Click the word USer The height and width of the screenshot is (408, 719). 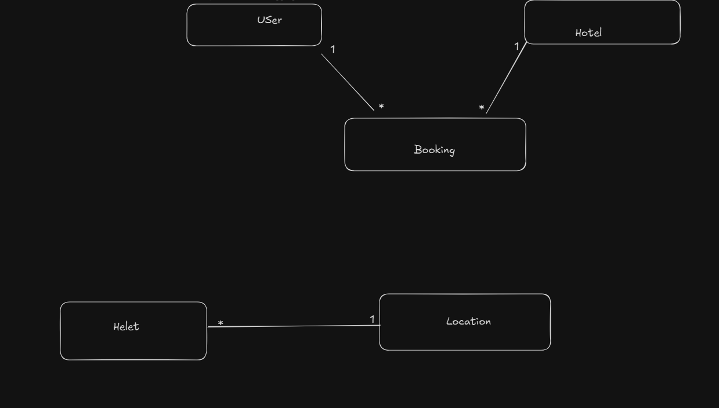point(269,20)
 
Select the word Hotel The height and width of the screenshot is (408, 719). point(588,33)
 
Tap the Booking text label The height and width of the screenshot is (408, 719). point(434,150)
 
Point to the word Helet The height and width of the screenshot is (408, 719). point(126,327)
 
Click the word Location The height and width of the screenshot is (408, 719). point(468,321)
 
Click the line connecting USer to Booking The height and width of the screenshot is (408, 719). point(348,82)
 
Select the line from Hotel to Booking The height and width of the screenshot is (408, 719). point(506,78)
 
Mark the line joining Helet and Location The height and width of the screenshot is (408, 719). point(293,326)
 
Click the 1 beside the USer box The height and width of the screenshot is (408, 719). point(333,49)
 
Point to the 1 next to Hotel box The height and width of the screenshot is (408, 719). point(516,46)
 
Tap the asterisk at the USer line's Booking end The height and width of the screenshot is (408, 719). point(381,107)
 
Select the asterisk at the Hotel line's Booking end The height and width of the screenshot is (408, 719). point(482,108)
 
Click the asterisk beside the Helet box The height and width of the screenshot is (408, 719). point(221,323)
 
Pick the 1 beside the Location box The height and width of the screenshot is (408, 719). point(372,319)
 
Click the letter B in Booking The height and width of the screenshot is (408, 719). point(417,150)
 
